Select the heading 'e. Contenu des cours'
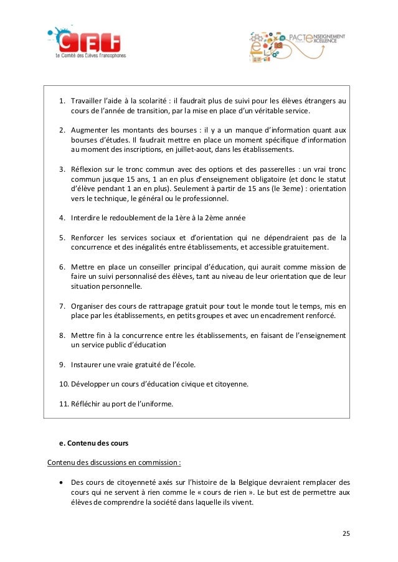coord(94,443)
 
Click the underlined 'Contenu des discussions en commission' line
coord(115,462)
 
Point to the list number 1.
coord(62,100)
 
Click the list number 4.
coord(62,218)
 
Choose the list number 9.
coord(62,364)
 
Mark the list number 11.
coord(64,404)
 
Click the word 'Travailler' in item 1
coord(89,100)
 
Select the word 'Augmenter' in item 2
coord(90,130)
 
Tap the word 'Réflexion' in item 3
coord(89,169)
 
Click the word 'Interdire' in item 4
coord(87,218)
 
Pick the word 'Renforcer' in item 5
coord(90,237)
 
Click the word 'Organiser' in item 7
coord(90,306)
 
